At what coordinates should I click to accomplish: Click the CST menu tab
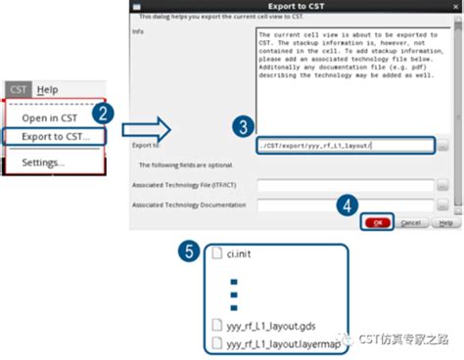click(x=19, y=90)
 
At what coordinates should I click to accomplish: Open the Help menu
click(x=48, y=90)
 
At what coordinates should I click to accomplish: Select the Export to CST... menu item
click(x=56, y=136)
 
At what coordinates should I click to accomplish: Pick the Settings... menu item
click(x=44, y=161)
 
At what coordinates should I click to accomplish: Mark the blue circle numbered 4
click(x=346, y=205)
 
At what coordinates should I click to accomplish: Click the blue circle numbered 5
click(x=192, y=252)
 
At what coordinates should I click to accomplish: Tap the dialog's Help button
click(x=444, y=223)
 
